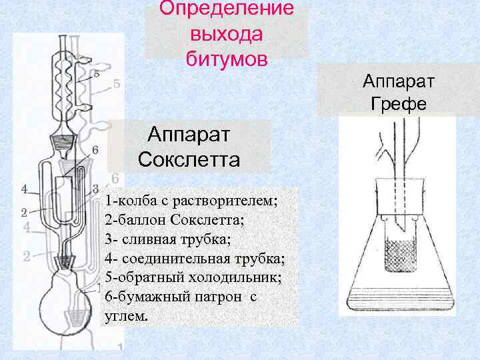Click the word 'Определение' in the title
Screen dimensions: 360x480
coord(227,9)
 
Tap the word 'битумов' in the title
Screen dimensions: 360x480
coord(227,58)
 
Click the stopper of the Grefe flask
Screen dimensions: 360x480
coord(399,197)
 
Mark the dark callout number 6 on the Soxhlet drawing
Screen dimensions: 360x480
coord(95,150)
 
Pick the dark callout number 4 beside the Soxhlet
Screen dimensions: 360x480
coord(25,189)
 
